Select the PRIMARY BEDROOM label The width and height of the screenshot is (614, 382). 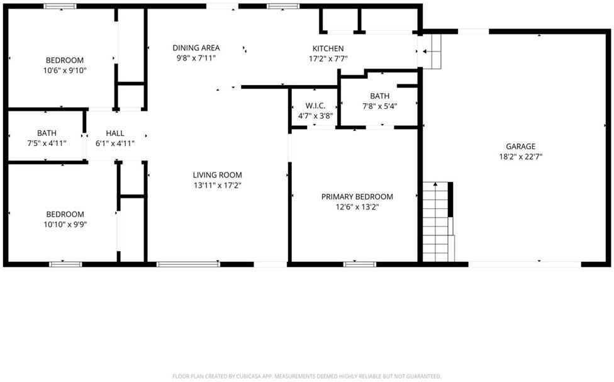(x=357, y=196)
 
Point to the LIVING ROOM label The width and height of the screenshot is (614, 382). (x=217, y=175)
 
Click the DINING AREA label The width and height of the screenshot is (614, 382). (x=196, y=48)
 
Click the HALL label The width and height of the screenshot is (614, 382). (x=115, y=133)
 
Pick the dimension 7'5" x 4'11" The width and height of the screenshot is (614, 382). (x=47, y=143)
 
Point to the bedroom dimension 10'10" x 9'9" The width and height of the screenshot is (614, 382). (x=65, y=224)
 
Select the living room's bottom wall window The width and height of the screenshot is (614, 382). (x=188, y=264)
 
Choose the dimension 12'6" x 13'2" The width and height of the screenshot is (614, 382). (x=357, y=206)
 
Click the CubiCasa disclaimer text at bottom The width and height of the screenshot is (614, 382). (x=307, y=376)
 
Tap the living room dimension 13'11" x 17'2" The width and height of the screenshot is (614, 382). (x=217, y=185)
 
